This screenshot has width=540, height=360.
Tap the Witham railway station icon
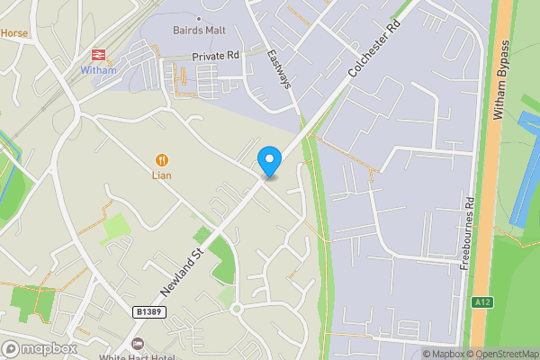point(99,55)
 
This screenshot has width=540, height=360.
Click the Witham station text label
point(99,70)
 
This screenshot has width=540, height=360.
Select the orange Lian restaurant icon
point(162,158)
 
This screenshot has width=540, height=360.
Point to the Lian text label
point(161,175)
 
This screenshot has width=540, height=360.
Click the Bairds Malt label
point(198,30)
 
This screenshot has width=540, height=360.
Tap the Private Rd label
point(216,56)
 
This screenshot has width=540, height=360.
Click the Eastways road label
point(279,67)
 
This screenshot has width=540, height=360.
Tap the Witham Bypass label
point(501,80)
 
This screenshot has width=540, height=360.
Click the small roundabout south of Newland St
point(237,309)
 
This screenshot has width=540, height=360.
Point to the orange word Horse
point(14,33)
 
